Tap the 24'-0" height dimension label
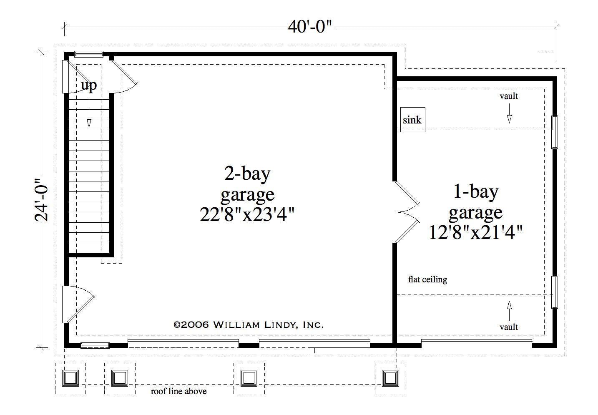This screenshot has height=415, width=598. click(x=42, y=200)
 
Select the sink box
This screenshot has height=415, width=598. click(x=413, y=120)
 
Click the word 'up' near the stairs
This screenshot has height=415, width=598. click(x=89, y=86)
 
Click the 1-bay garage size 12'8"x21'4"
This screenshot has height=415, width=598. click(x=476, y=232)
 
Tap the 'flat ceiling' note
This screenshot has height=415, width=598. click(x=428, y=279)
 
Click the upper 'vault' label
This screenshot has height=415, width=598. click(x=509, y=96)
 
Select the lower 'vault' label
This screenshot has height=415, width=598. click(x=509, y=327)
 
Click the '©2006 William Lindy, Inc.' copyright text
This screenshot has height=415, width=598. click(x=249, y=325)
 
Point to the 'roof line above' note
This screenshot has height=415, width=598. click(x=178, y=392)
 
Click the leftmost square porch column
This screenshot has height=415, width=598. click(x=70, y=378)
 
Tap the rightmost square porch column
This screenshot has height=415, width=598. click(x=390, y=378)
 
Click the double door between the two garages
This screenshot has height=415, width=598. click(x=407, y=212)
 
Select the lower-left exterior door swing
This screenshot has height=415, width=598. click(x=79, y=304)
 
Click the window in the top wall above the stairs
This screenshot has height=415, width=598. click(x=89, y=54)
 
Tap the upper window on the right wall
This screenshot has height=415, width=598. click(x=555, y=132)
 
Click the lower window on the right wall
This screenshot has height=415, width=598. click(x=555, y=292)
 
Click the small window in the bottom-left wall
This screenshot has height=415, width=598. click(x=95, y=346)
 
